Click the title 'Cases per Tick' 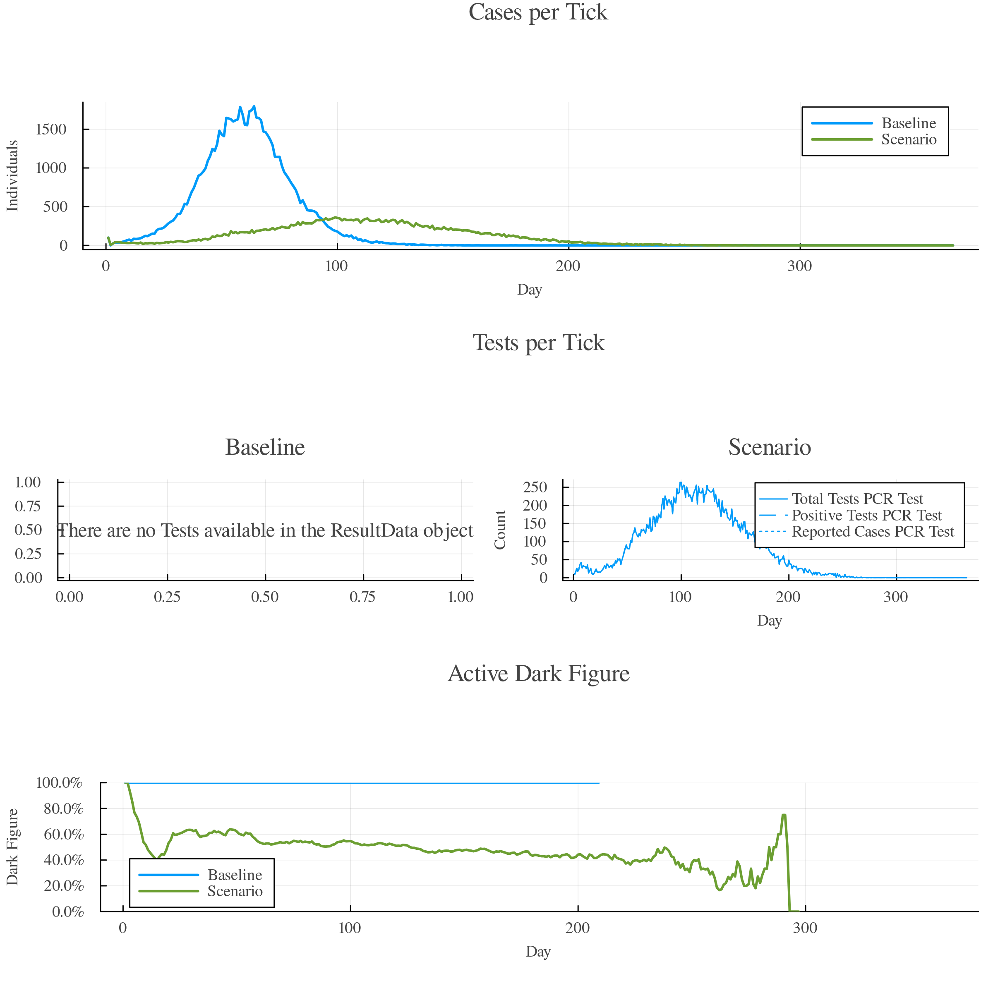[538, 12]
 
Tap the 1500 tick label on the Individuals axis [51, 129]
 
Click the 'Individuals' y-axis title [12, 176]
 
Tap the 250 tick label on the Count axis [535, 487]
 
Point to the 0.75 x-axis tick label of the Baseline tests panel [363, 597]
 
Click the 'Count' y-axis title [500, 530]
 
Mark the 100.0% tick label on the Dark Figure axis [60, 783]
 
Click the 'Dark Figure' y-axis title [12, 847]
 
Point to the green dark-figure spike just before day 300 [784, 815]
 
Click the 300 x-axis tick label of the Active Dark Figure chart [805, 928]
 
